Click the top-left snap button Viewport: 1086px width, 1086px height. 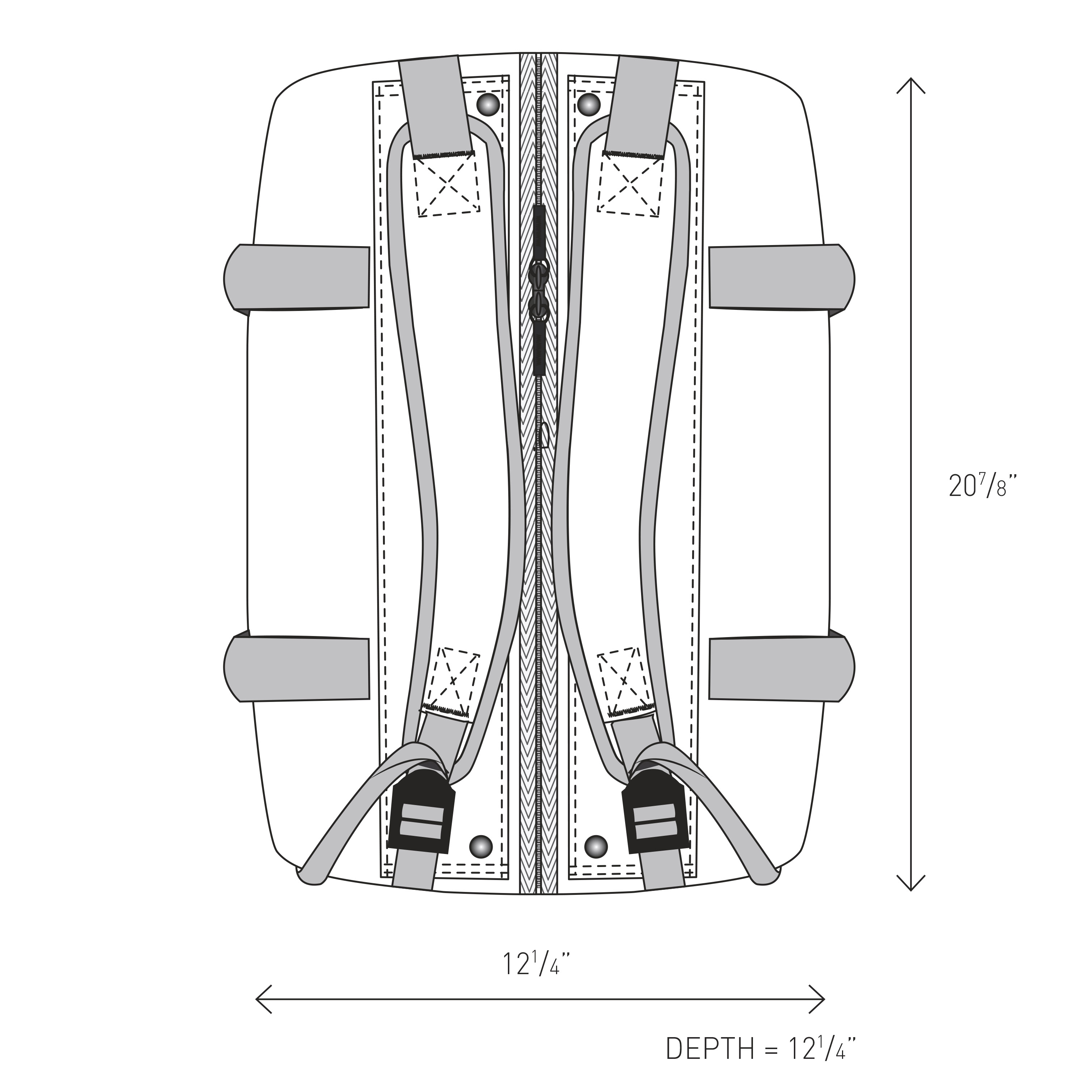[x=488, y=105]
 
